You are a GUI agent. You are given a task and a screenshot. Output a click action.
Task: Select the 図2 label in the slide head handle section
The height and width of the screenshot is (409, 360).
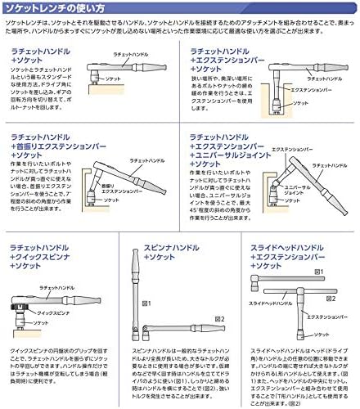pos(330,298)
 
